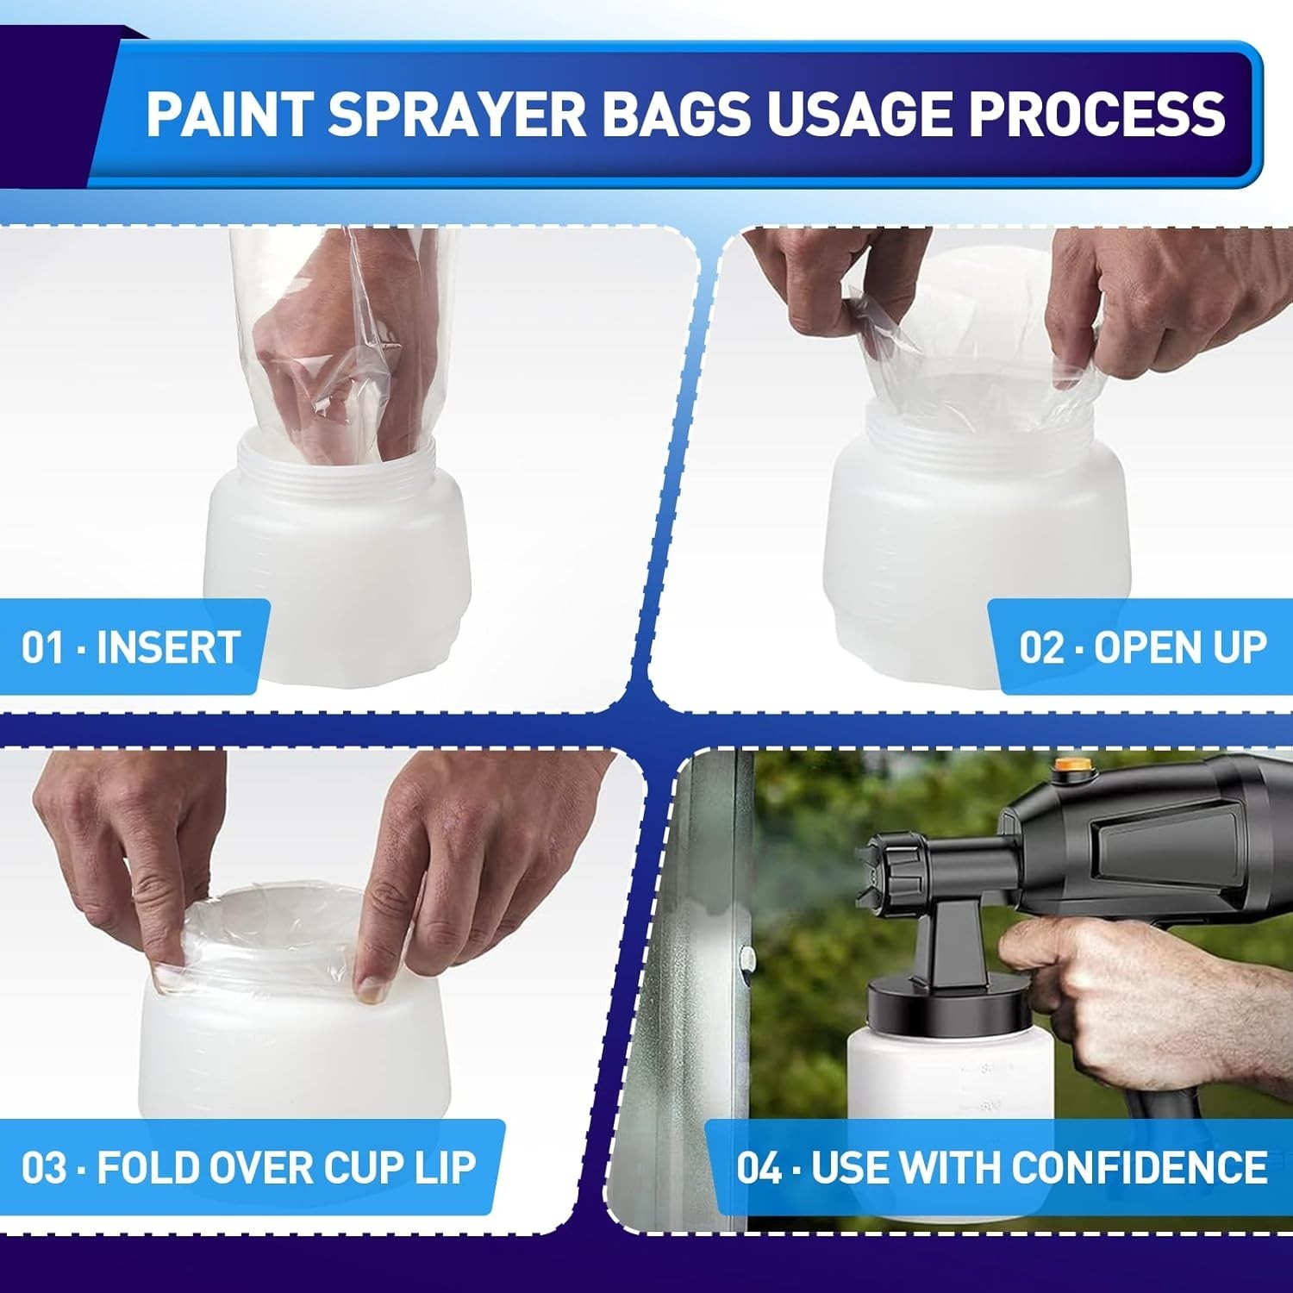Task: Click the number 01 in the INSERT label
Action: (x=43, y=647)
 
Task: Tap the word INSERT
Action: (x=168, y=647)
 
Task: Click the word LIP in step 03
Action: (x=445, y=1167)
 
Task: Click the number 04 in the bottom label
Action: (x=759, y=1167)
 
